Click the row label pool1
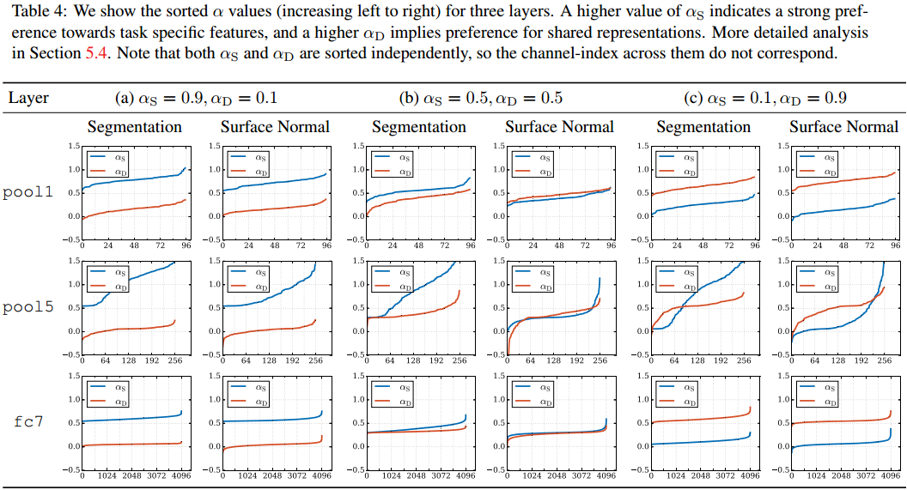28,192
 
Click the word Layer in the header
28,98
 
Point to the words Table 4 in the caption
28,12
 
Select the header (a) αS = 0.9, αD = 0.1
197,98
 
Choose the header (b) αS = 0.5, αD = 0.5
481,98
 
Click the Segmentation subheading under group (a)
135,127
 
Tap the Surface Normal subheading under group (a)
275,127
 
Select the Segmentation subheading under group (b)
419,127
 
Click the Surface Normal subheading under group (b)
559,127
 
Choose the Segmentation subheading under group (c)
703,127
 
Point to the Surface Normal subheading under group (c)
843,127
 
